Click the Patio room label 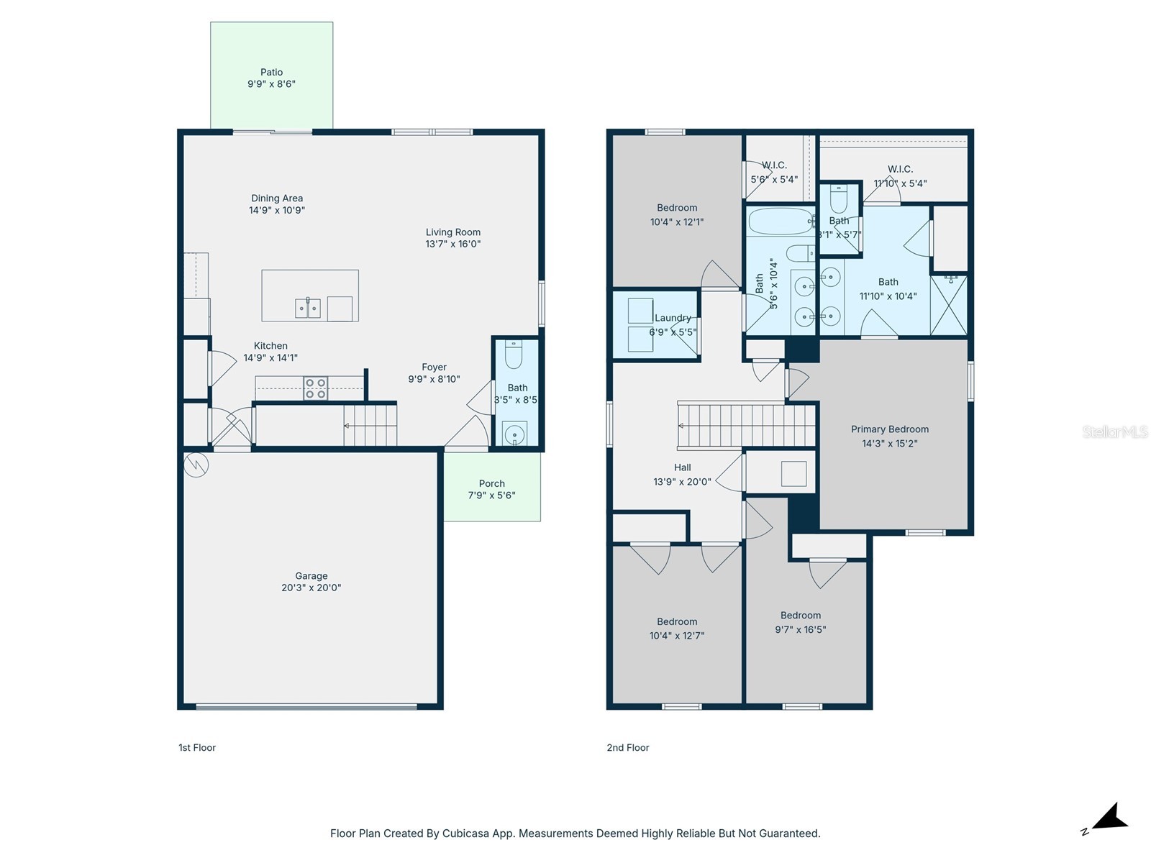(x=271, y=72)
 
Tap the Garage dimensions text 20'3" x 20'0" (x=311, y=588)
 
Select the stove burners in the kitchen (x=315, y=388)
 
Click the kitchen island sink (x=307, y=308)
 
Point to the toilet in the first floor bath (x=514, y=355)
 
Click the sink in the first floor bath (x=514, y=434)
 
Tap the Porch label (x=491, y=483)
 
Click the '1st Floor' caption (x=197, y=747)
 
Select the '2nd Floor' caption (x=628, y=747)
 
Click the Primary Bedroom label (x=889, y=429)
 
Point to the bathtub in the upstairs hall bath (x=781, y=221)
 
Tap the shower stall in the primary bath (x=949, y=305)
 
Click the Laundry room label (x=673, y=318)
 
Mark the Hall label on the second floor (x=682, y=467)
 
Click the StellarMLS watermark (x=1115, y=431)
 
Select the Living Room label (x=452, y=232)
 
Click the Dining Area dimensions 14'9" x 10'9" (x=277, y=210)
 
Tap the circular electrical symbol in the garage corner (x=196, y=465)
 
